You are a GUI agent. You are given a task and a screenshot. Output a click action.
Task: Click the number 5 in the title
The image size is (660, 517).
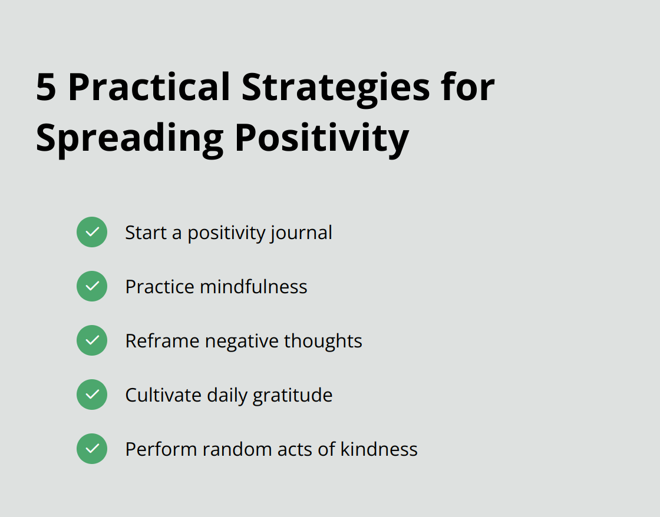[x=47, y=87]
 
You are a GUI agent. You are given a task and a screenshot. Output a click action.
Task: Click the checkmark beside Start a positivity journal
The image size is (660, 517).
[x=92, y=232]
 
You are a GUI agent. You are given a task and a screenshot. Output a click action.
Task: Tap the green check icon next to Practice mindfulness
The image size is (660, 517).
[x=92, y=286]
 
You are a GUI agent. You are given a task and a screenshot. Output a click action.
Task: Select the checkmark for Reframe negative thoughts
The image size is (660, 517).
[x=92, y=340]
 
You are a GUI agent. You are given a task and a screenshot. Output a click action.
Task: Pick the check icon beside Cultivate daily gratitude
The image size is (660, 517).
[x=92, y=395]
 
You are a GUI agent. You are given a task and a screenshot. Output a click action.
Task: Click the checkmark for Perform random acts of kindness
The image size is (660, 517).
[x=92, y=449]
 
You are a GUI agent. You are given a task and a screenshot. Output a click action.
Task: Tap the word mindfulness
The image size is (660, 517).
[x=253, y=287]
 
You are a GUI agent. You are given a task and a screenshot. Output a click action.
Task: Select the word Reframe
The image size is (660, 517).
[x=162, y=341]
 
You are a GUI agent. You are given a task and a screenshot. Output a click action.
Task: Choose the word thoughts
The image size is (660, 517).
[x=323, y=341]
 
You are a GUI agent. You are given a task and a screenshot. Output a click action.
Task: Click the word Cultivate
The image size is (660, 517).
[x=163, y=395]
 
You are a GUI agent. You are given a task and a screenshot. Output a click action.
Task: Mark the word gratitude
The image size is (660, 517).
[x=292, y=395]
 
